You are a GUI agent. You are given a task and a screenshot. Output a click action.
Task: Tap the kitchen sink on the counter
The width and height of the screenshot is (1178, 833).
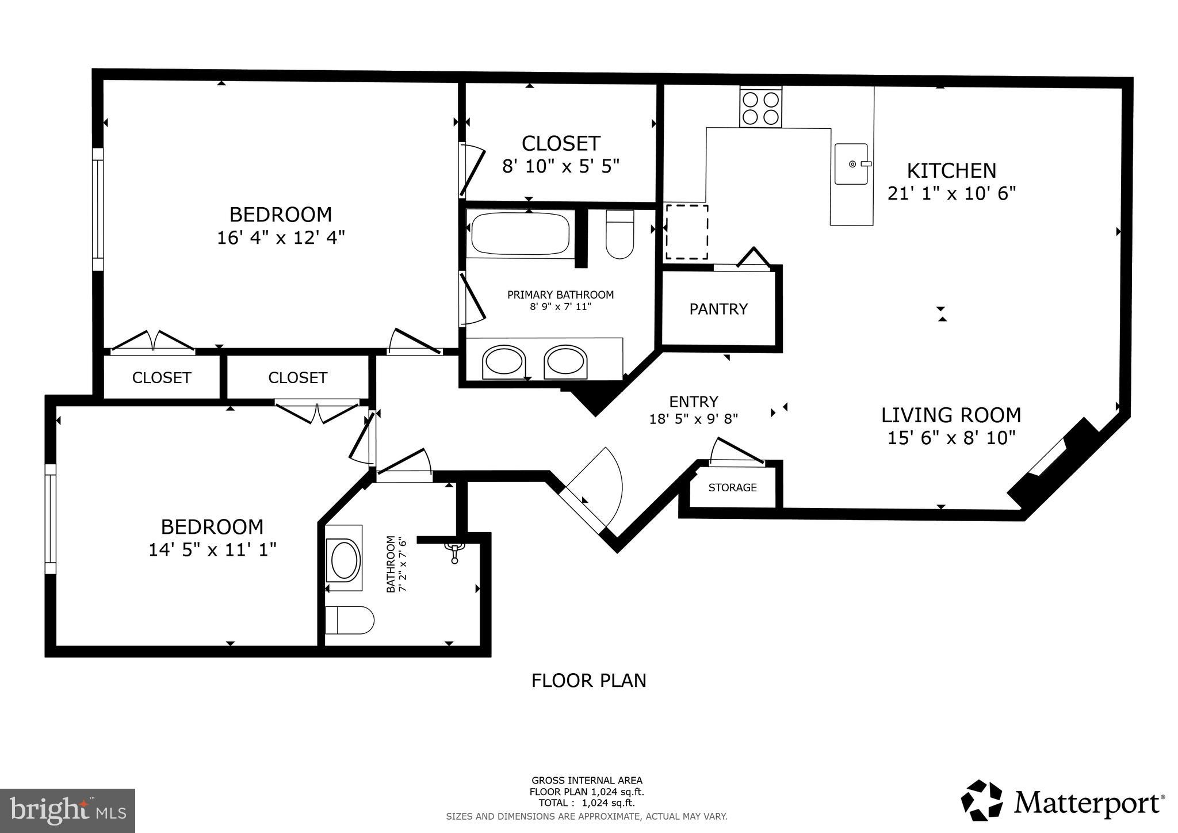[x=851, y=164]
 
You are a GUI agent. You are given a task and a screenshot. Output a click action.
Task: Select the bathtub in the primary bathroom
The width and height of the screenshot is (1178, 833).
[x=520, y=234]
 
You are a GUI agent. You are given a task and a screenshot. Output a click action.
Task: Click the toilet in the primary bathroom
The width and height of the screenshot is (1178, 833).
[x=619, y=235]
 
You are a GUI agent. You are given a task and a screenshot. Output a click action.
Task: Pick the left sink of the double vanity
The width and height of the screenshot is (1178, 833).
[x=504, y=362]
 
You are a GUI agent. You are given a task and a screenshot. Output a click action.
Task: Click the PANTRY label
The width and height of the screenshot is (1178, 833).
[x=718, y=309]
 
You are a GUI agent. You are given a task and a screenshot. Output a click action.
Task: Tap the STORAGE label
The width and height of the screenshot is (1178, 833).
[x=732, y=488]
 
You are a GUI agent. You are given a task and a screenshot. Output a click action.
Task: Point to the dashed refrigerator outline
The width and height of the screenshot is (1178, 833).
[x=686, y=232]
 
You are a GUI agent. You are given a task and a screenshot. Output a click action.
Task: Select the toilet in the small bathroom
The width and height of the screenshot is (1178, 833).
[x=349, y=620]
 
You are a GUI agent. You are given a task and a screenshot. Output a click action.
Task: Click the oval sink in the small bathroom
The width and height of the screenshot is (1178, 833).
[x=343, y=559]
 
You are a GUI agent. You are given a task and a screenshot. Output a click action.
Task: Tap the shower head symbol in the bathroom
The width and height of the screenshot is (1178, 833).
[x=454, y=551]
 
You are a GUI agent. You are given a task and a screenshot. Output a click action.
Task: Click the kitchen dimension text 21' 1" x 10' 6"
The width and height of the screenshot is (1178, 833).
[x=951, y=193]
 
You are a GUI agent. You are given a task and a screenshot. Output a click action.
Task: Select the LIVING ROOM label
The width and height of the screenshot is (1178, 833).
[x=951, y=415]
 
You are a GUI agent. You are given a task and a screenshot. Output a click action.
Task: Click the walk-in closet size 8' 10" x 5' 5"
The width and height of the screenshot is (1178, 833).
[x=561, y=166]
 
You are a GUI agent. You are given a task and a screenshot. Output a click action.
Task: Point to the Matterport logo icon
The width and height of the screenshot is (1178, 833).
[x=983, y=802]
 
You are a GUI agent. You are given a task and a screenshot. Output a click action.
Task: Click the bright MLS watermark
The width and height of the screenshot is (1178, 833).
[x=67, y=811]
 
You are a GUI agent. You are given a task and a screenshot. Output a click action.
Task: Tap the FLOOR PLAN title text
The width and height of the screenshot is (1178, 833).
[x=588, y=681]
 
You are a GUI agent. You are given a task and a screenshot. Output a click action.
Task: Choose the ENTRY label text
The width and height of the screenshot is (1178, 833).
[x=693, y=402]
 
